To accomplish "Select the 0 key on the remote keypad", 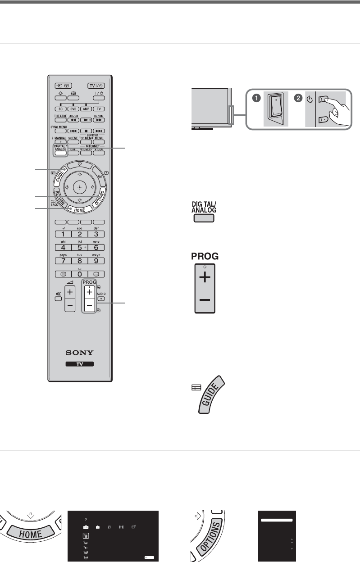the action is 79,274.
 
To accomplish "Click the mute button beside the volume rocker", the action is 58,299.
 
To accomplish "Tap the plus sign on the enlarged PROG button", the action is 205,278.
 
